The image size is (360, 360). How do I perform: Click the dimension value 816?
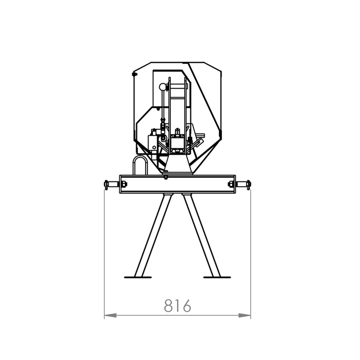[x=178, y=305]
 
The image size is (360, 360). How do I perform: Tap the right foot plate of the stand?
[x=217, y=276]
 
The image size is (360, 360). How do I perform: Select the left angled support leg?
[x=154, y=235]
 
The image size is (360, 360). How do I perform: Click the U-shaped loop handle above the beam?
[x=139, y=164]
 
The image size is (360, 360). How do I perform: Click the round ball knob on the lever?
[x=162, y=87]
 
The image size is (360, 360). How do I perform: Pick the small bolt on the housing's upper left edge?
[x=134, y=75]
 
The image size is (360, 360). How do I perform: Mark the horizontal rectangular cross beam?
[x=177, y=184]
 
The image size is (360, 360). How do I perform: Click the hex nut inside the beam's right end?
[x=232, y=185]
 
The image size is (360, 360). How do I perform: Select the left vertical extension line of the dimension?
[x=104, y=252]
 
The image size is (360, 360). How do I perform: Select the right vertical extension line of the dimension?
[x=251, y=252]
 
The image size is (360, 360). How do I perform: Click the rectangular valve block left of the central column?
[x=154, y=141]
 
